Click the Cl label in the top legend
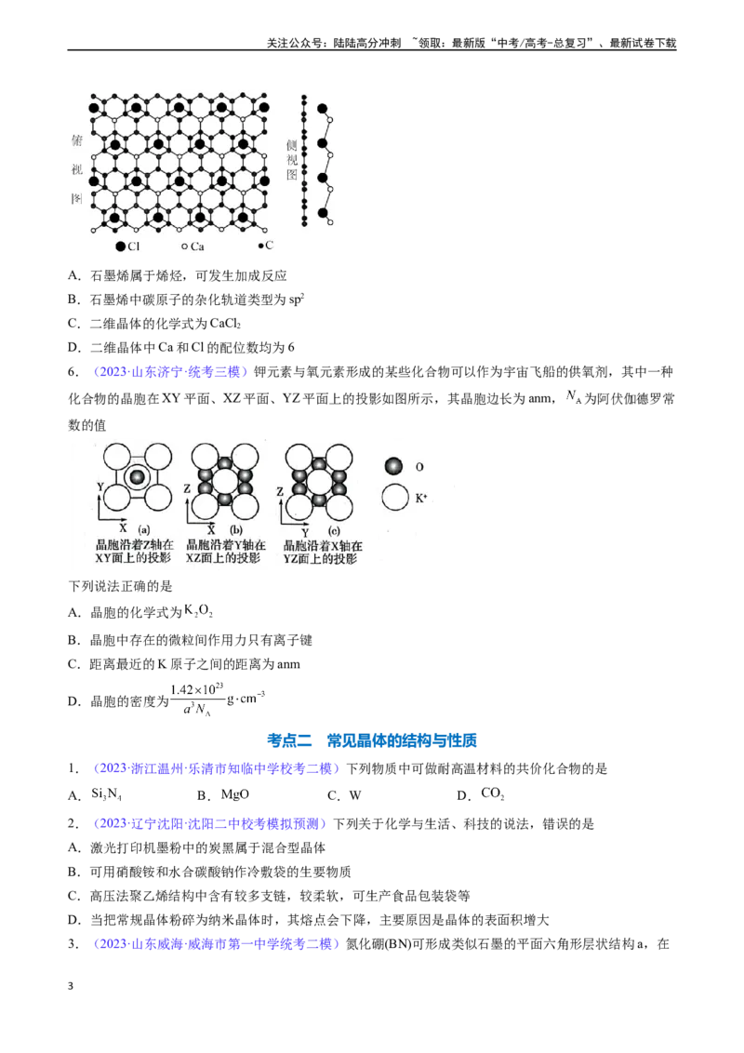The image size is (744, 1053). click(133, 247)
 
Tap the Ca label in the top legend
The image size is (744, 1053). click(197, 247)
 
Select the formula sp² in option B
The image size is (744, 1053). click(296, 300)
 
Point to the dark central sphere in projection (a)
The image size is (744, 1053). click(137, 477)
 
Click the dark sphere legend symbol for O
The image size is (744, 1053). click(393, 466)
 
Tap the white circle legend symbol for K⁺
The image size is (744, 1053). click(395, 499)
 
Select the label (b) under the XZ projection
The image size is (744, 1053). click(235, 529)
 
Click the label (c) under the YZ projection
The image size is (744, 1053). click(334, 530)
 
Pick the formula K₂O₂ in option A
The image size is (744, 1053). click(198, 611)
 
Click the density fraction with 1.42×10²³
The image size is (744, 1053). click(197, 700)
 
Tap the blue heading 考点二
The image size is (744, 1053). click(289, 740)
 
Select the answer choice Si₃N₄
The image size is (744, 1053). click(106, 795)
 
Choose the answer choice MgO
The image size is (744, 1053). click(235, 795)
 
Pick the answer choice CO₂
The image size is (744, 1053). click(492, 793)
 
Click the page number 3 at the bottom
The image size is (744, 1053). click(71, 986)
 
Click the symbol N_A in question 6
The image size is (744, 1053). click(573, 397)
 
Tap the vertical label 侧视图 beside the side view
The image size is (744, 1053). click(291, 160)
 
